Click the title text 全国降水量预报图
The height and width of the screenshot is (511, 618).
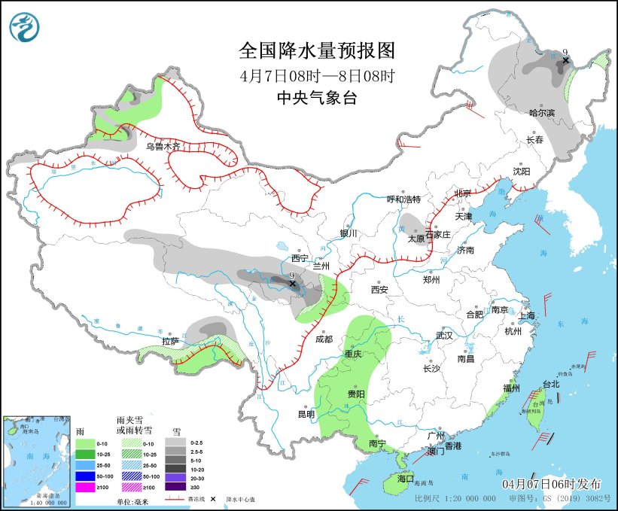click(x=316, y=50)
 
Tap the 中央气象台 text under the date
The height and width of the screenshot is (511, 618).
click(x=316, y=97)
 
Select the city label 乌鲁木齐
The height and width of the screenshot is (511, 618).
click(x=163, y=147)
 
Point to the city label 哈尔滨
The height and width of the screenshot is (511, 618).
click(x=541, y=113)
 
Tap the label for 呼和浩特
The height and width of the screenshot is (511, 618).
click(x=403, y=199)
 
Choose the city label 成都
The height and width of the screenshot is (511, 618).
click(x=324, y=339)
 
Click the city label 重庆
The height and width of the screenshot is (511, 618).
click(x=354, y=354)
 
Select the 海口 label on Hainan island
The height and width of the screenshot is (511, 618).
click(x=406, y=479)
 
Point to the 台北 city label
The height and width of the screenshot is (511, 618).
click(x=551, y=384)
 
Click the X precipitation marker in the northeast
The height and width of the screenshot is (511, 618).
click(x=565, y=60)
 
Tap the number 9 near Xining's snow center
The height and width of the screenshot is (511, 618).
click(x=292, y=276)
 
